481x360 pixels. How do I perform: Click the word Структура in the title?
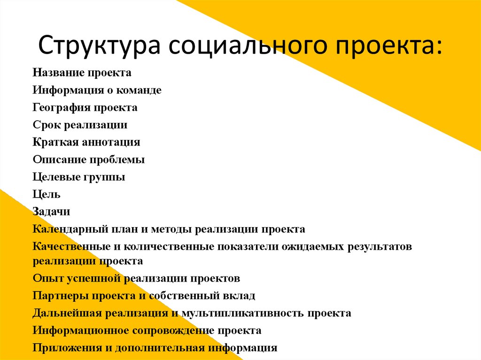click(100, 46)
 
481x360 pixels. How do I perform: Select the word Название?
click(59, 73)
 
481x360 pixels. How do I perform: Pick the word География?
click(62, 108)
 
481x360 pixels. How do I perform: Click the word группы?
click(104, 177)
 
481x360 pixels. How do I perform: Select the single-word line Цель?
click(47, 194)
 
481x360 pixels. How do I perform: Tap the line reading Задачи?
click(51, 212)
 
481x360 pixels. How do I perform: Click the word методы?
click(171, 230)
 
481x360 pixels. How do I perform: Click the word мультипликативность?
click(243, 314)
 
